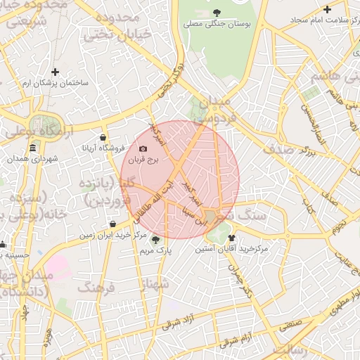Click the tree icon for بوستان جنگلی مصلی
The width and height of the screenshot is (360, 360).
tap(216, 12)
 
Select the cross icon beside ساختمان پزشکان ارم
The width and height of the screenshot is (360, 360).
tap(56, 71)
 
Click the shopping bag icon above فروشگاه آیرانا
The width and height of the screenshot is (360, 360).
tap(104, 136)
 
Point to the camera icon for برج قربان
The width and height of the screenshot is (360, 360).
tap(143, 148)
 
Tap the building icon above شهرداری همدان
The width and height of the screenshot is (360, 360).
tap(33, 148)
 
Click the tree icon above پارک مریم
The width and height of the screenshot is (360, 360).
tap(155, 240)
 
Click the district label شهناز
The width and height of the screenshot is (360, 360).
tap(156, 284)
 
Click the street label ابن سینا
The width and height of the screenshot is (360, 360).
tap(195, 213)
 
